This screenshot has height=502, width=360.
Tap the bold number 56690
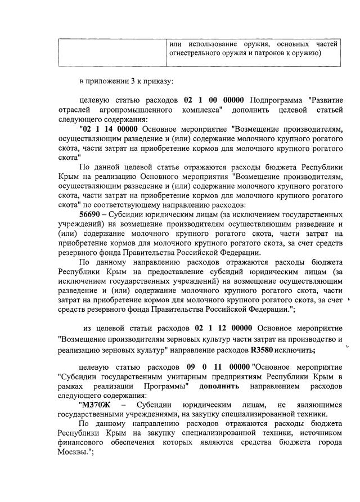92,214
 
